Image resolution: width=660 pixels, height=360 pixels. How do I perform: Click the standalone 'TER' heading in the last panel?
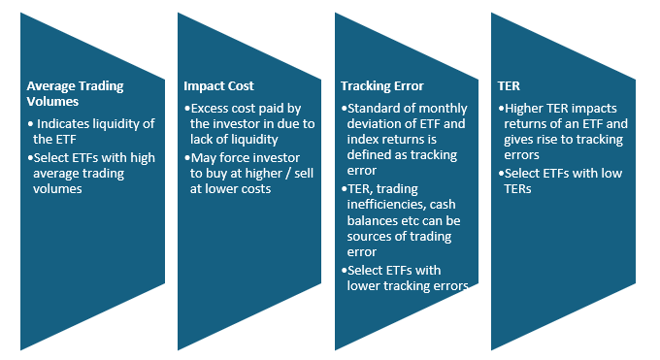click(509, 85)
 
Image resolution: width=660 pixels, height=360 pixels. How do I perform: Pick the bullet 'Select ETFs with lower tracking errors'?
click(408, 278)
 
